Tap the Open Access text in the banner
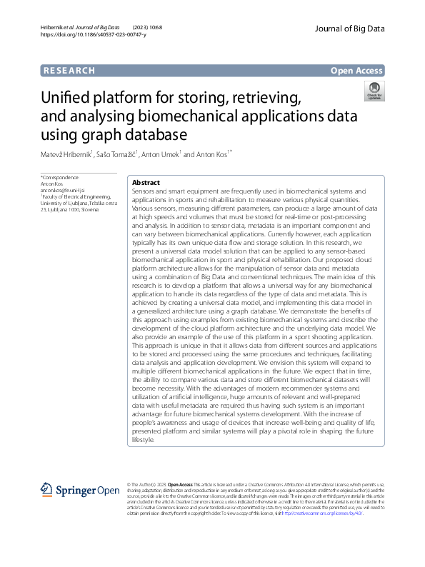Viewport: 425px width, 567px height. tap(357, 70)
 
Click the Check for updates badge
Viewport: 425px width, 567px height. tap(374, 91)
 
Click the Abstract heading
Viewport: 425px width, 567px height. tap(146, 182)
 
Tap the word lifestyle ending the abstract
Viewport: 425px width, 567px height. tap(143, 440)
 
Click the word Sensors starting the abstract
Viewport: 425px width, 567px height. tap(146, 193)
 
